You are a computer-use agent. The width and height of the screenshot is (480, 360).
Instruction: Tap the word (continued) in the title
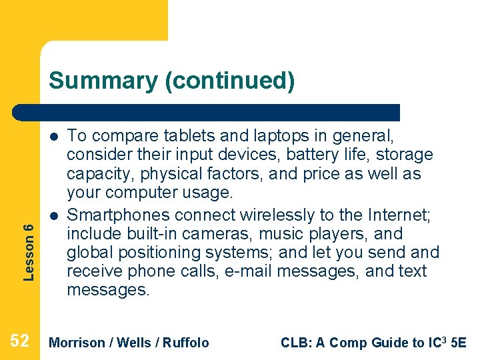tap(229, 81)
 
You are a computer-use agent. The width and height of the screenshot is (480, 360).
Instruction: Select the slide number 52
tap(20, 342)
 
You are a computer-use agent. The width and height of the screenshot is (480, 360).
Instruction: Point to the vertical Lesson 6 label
tap(28, 242)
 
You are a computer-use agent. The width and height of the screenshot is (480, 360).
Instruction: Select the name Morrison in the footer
tap(77, 343)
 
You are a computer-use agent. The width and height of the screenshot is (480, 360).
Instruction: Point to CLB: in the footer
tap(294, 343)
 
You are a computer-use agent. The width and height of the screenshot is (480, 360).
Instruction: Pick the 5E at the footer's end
tap(459, 343)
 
